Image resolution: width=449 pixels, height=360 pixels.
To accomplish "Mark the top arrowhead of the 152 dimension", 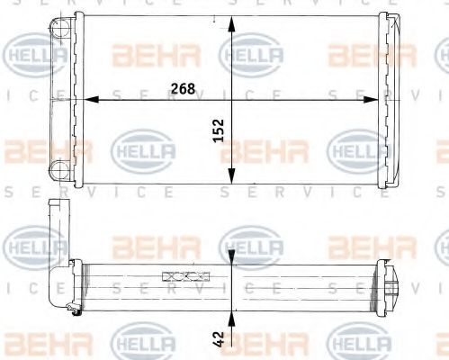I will click(233, 22).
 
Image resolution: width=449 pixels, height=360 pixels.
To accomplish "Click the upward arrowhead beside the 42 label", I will click(233, 316).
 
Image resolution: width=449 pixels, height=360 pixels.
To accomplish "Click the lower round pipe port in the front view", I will click(59, 167).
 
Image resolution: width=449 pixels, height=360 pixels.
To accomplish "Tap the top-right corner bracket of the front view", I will click(388, 20).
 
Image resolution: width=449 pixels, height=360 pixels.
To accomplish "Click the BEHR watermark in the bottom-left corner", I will click(36, 343).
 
